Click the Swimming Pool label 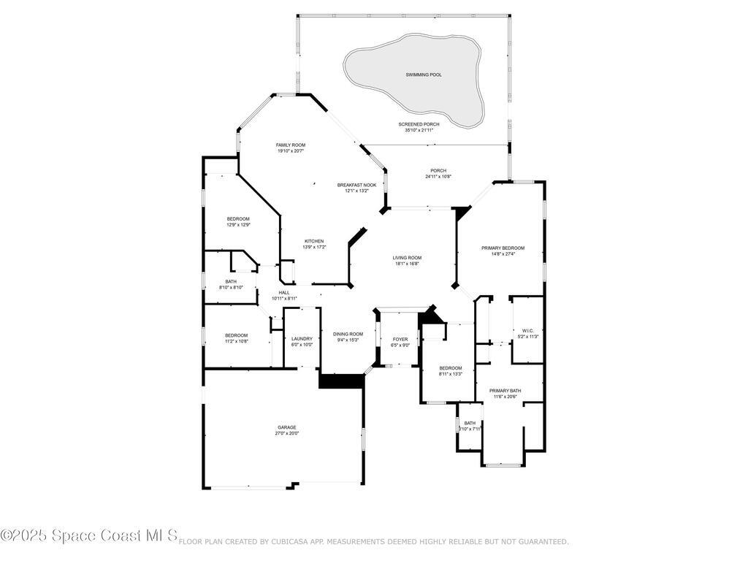click(424, 75)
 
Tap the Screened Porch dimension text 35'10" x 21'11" click(419, 130)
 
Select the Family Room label click(290, 145)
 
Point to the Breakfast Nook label click(356, 185)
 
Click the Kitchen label click(314, 241)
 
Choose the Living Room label click(407, 257)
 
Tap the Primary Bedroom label click(503, 248)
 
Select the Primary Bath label click(505, 391)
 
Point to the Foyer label click(400, 339)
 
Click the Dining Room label click(348, 334)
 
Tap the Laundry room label click(302, 338)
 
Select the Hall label click(284, 292)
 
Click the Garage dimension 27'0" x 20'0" click(286, 433)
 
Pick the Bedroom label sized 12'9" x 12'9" click(238, 219)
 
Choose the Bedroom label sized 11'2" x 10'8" click(236, 335)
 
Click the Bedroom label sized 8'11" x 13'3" click(450, 367)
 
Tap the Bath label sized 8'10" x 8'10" click(231, 281)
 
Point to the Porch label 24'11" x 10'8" click(438, 171)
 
